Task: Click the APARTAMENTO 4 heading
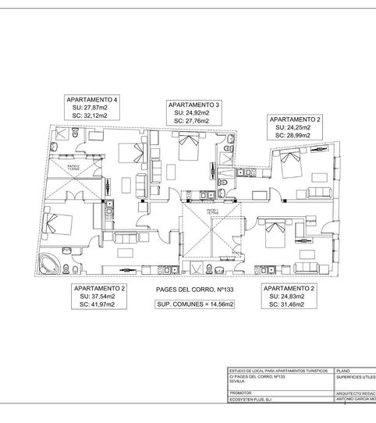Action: click(x=93, y=100)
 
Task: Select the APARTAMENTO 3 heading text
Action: click(x=193, y=105)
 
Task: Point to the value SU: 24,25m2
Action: click(x=289, y=127)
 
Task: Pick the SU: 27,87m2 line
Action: click(x=93, y=108)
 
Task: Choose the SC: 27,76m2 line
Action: click(x=193, y=121)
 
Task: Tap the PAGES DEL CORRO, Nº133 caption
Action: click(x=192, y=290)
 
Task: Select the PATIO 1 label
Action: click(x=211, y=211)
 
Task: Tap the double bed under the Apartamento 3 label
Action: click(x=189, y=145)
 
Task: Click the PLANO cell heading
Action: click(x=346, y=371)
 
